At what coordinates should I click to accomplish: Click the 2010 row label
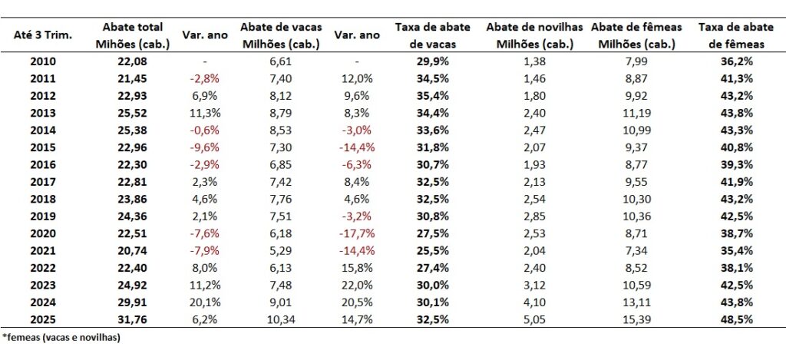point(42,58)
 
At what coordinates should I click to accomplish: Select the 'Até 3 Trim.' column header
point(43,36)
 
